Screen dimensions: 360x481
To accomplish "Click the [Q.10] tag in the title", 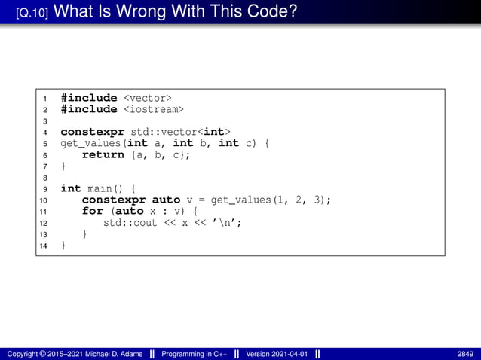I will pos(33,13).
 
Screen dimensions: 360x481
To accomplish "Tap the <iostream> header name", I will pos(154,109).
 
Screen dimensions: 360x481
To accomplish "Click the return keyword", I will pos(103,154).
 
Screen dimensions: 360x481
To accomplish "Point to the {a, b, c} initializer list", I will pos(161,154).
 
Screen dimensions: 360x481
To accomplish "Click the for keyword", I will pos(92,211).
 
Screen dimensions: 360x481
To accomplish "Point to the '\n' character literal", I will pos(228,222).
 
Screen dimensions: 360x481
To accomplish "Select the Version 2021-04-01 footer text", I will pos(277,354).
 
